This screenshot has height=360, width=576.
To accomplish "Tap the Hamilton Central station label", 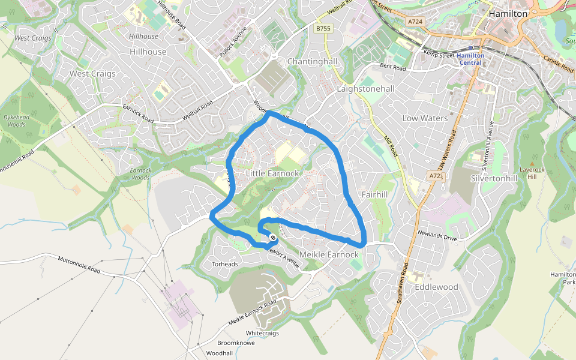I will tap(470, 59).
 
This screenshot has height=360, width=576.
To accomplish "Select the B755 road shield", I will tap(323, 28).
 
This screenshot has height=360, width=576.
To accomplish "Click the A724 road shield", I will tap(415, 22).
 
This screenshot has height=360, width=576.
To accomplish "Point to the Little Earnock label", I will tap(272, 173).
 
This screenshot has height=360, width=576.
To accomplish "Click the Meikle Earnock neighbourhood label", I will tap(328, 254).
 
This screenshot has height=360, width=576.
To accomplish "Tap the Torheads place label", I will tap(225, 264).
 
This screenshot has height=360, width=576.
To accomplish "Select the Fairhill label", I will tap(375, 195).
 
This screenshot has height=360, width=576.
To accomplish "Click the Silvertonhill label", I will tap(494, 179).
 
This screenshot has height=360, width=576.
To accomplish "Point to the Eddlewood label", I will tap(436, 287).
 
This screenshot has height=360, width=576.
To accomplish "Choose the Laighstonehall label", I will tap(365, 89).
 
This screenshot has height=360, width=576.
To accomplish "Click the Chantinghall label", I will tap(313, 62).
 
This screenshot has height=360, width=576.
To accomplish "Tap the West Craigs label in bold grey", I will tap(92, 74).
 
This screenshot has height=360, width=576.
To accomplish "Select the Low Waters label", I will tap(425, 118).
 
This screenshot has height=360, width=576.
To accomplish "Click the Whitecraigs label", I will tap(263, 333).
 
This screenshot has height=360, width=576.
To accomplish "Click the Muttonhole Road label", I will tap(79, 266).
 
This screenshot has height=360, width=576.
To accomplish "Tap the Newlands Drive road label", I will tap(437, 235).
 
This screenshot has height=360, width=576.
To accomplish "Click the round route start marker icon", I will tap(274, 238).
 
